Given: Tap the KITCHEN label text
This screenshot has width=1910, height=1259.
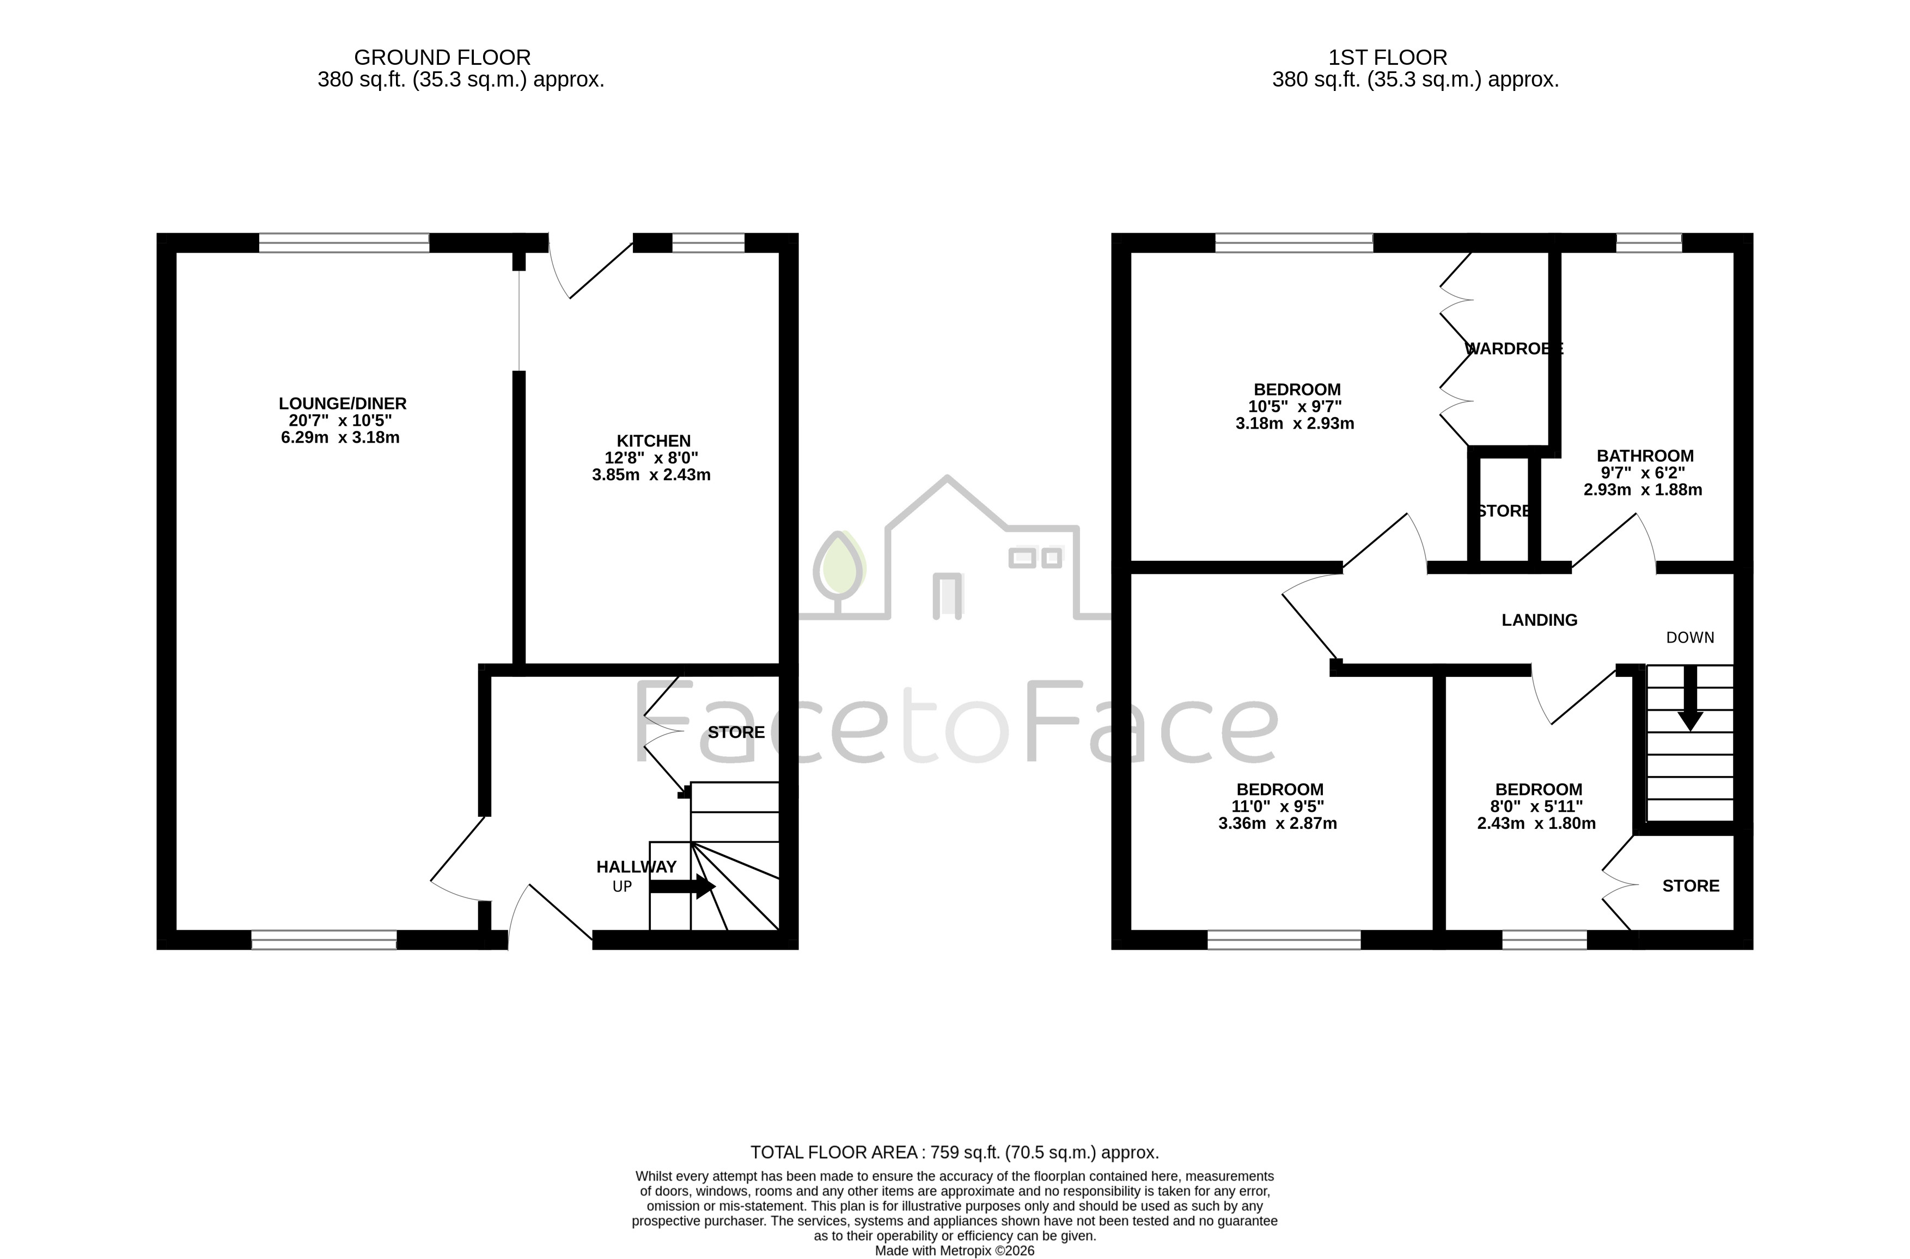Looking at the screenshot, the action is pos(654,441).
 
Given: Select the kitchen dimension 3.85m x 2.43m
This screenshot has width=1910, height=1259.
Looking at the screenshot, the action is pos(651,474).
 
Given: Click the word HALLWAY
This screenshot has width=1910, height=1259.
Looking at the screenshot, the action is pos(637,867).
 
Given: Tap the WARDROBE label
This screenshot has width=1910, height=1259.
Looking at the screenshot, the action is pos(1514,349).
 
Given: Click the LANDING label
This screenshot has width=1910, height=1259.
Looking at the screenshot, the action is pos(1539,620).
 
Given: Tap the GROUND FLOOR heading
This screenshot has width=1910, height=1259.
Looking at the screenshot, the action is pos(442,58).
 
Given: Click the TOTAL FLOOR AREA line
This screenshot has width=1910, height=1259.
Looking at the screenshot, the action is pos(955,1153).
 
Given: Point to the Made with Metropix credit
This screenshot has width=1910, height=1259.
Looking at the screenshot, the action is pos(955,1251).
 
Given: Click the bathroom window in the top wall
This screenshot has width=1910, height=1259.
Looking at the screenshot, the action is pos(1649,242).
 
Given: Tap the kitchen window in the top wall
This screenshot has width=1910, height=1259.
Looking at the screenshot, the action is pos(708,242).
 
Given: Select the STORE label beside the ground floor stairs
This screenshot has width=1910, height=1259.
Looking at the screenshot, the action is pos(736,732).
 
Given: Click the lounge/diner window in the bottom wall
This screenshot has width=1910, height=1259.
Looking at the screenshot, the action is pos(325,940).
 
